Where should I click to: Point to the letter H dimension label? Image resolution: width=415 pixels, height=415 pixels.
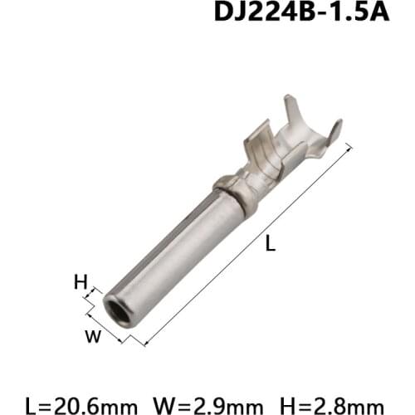click(x=81, y=282)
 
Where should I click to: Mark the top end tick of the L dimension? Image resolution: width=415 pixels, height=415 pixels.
click(x=349, y=150)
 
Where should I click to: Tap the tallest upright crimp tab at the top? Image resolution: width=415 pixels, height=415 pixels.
click(x=295, y=111)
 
